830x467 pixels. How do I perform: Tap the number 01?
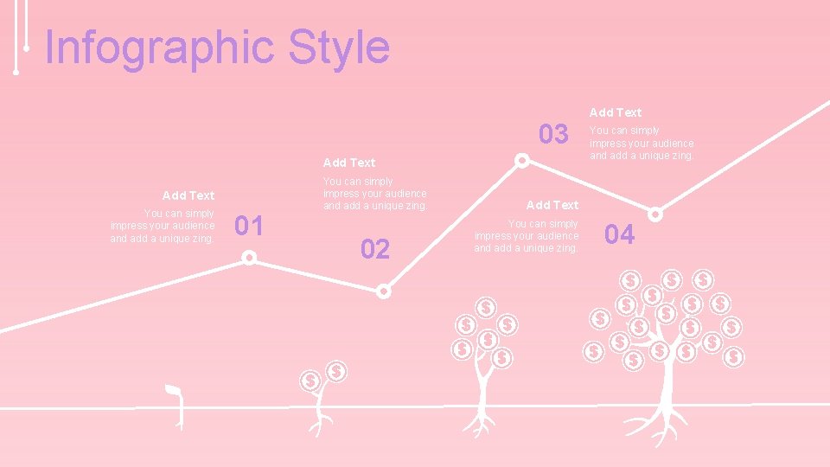pyautogui.click(x=250, y=227)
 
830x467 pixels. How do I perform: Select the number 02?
pyautogui.click(x=375, y=251)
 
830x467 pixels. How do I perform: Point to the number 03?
pyautogui.click(x=553, y=135)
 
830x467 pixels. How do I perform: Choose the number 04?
pyautogui.click(x=619, y=234)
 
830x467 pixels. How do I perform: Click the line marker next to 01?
pyautogui.click(x=249, y=257)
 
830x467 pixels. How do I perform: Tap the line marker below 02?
pyautogui.click(x=384, y=291)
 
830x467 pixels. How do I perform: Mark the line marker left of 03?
pyautogui.click(x=522, y=161)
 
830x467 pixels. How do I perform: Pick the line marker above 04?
pyautogui.click(x=656, y=214)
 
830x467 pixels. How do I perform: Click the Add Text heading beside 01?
pyautogui.click(x=188, y=195)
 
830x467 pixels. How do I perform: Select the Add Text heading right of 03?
pyautogui.click(x=616, y=112)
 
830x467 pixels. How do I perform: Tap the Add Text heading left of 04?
pyautogui.click(x=552, y=205)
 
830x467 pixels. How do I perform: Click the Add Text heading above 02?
pyautogui.click(x=348, y=163)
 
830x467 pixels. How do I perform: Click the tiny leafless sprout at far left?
pyautogui.click(x=177, y=405)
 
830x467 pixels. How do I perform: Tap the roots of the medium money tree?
pyautogui.click(x=479, y=424)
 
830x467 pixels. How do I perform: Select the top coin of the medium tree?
pyautogui.click(x=487, y=308)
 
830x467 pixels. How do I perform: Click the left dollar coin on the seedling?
pyautogui.click(x=309, y=380)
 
